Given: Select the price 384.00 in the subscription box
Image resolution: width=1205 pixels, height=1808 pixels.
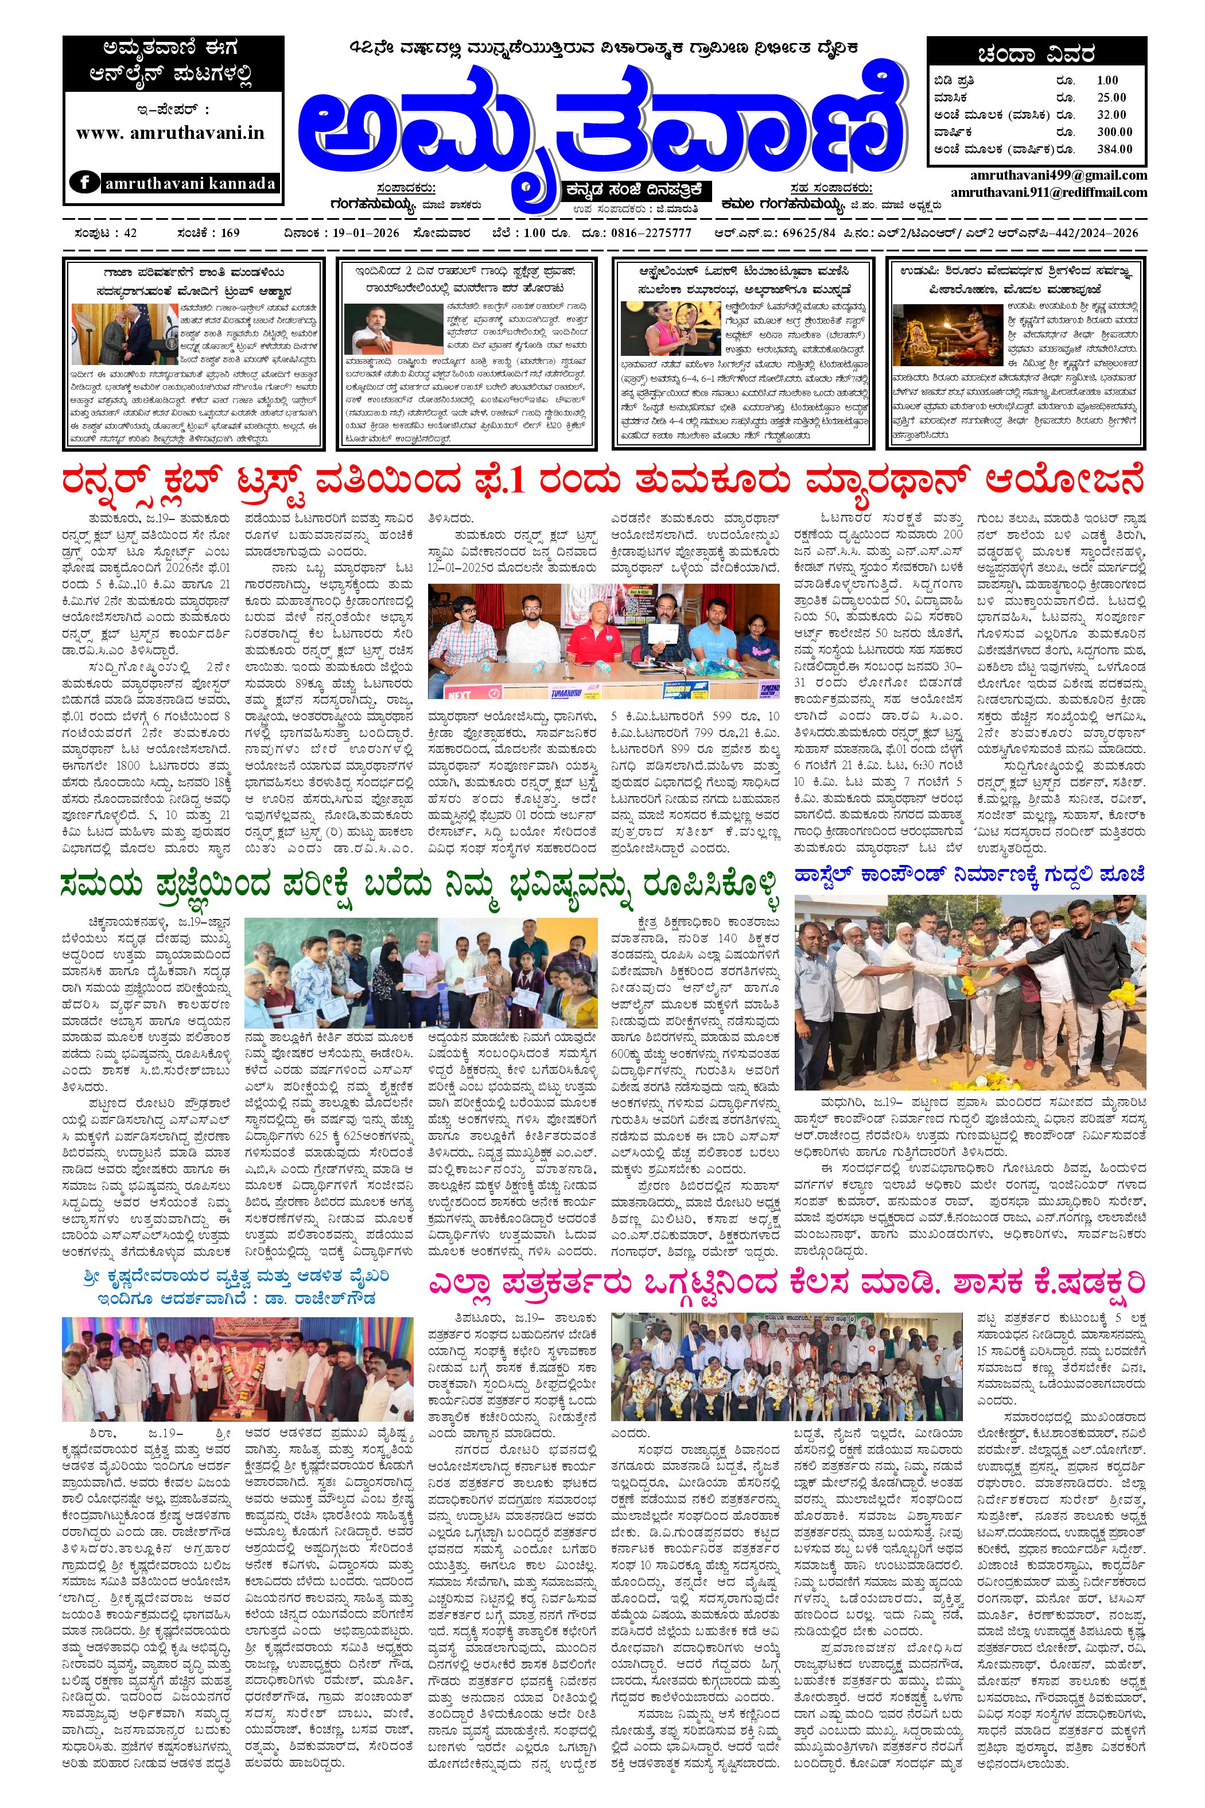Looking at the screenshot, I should (1114, 150).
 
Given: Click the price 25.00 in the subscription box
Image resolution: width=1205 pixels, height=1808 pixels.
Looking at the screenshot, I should (1111, 97).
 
